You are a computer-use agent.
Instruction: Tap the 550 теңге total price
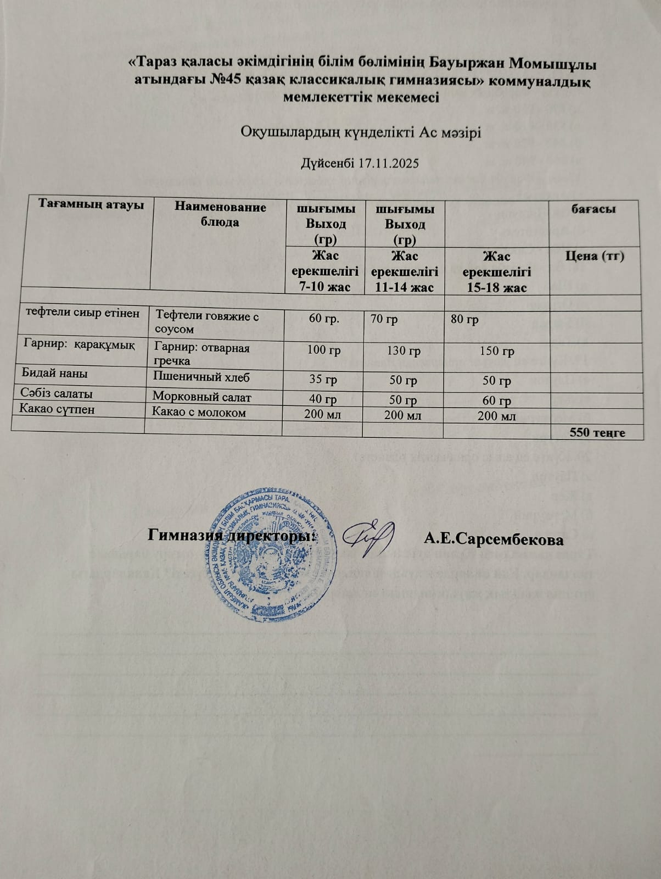pos(597,432)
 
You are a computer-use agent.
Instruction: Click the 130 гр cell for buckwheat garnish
pos(404,351)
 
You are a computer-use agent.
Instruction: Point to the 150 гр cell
pos(497,352)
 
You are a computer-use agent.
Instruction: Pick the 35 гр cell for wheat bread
pos(323,380)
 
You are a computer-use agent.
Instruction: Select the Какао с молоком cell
pos(199,413)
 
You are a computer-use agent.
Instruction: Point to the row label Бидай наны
pos(54,373)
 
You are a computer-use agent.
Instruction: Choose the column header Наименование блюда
pos(220,214)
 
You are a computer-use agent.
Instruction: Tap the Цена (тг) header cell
pos(595,256)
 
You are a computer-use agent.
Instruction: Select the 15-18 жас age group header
pos(497,272)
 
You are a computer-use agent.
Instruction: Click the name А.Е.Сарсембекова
pos(494,539)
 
